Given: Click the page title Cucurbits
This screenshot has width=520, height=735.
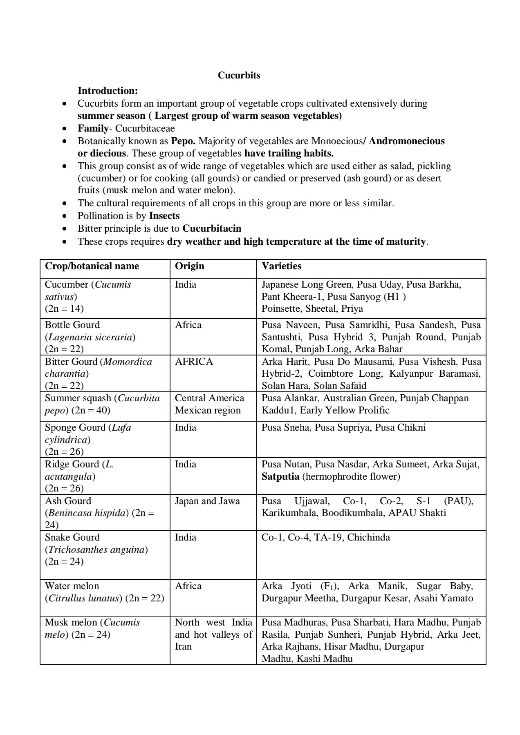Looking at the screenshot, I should pyautogui.click(x=239, y=76).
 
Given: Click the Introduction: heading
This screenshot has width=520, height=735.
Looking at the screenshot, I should pyautogui.click(x=108, y=90).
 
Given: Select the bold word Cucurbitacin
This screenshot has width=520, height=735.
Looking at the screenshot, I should pyautogui.click(x=212, y=228).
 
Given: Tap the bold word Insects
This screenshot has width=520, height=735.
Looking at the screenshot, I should pyautogui.click(x=164, y=216).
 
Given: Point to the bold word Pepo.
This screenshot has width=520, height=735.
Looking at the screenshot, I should pyautogui.click(x=183, y=141).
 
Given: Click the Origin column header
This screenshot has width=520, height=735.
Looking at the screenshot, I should pyautogui.click(x=190, y=266).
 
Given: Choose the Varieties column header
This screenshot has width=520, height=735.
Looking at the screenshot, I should pyautogui.click(x=282, y=266).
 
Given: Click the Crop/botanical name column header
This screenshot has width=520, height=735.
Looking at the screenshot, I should pyautogui.click(x=92, y=266).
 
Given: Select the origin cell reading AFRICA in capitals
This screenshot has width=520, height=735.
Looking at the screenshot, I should pyautogui.click(x=194, y=362).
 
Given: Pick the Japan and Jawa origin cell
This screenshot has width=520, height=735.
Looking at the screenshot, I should pyautogui.click(x=207, y=501).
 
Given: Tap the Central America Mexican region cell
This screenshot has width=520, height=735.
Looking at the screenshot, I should pyautogui.click(x=209, y=404).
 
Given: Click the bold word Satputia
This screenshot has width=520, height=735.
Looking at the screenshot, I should pyautogui.click(x=280, y=477).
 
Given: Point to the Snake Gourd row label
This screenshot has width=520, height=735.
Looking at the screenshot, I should pyautogui.click(x=72, y=538).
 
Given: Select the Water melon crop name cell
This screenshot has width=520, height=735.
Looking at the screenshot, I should pyautogui.click(x=72, y=586).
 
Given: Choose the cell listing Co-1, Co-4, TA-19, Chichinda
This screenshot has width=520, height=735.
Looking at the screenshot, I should pyautogui.click(x=325, y=538).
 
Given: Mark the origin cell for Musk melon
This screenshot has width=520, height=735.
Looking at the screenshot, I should pyautogui.click(x=213, y=634).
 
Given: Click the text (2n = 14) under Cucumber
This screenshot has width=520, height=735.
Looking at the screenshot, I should pyautogui.click(x=64, y=309).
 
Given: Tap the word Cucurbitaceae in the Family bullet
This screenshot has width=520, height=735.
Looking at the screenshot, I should pyautogui.click(x=145, y=129).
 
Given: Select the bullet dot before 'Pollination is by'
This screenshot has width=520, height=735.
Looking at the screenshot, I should pyautogui.click(x=64, y=216).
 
